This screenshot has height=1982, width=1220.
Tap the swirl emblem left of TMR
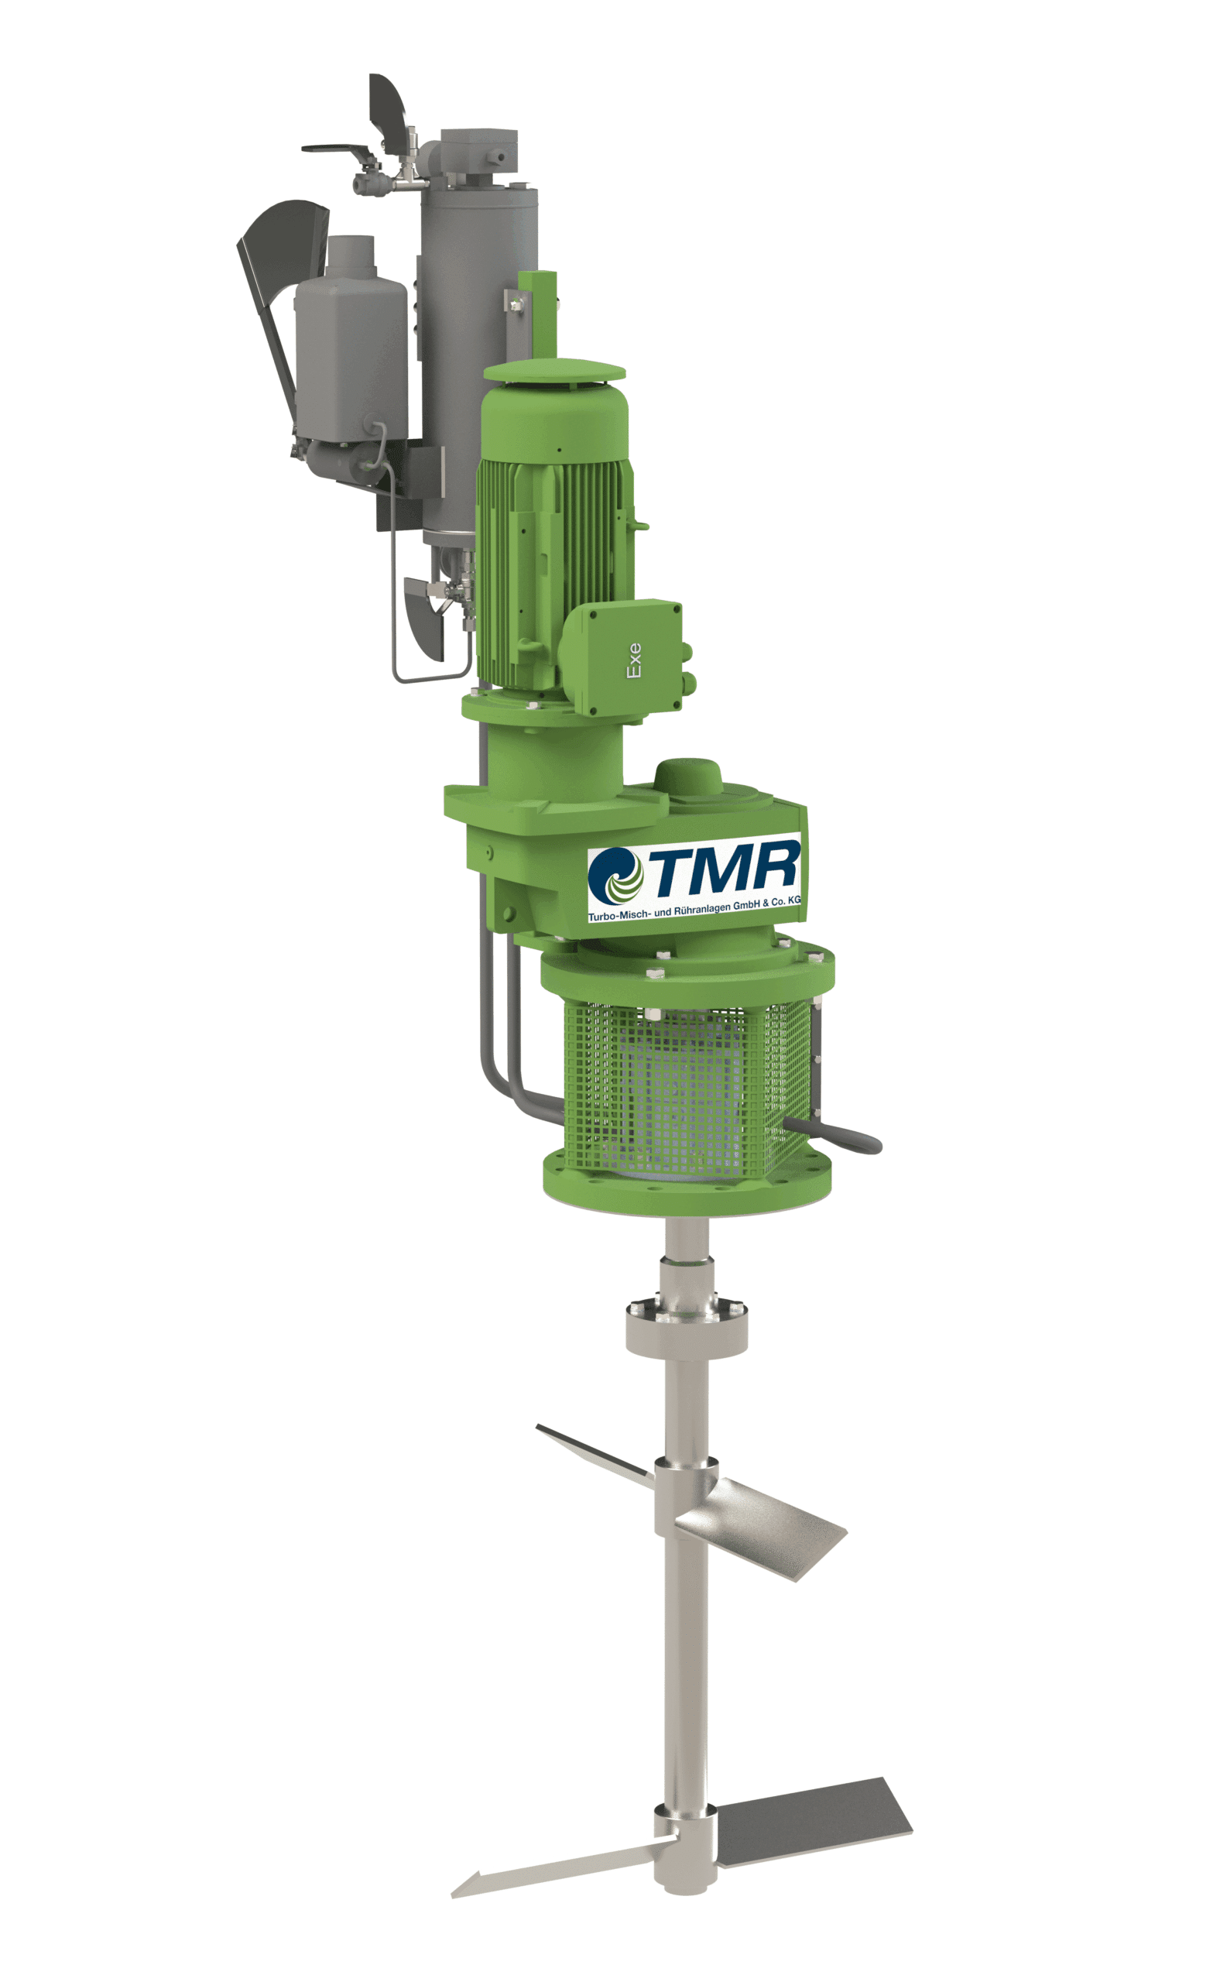pyautogui.click(x=615, y=876)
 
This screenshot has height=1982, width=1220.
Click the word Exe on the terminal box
pyautogui.click(x=634, y=660)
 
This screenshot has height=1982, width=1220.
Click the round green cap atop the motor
pyautogui.click(x=554, y=370)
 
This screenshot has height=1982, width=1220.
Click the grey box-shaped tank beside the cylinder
pyautogui.click(x=351, y=355)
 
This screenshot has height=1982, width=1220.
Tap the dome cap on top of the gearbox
pyautogui.click(x=688, y=777)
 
